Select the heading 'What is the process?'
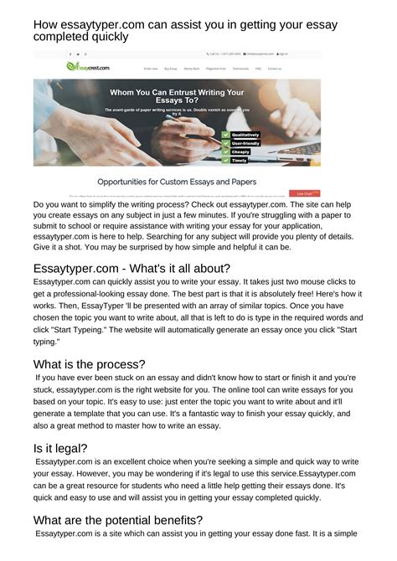pos(89,364)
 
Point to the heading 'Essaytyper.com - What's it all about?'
pos(131,268)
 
